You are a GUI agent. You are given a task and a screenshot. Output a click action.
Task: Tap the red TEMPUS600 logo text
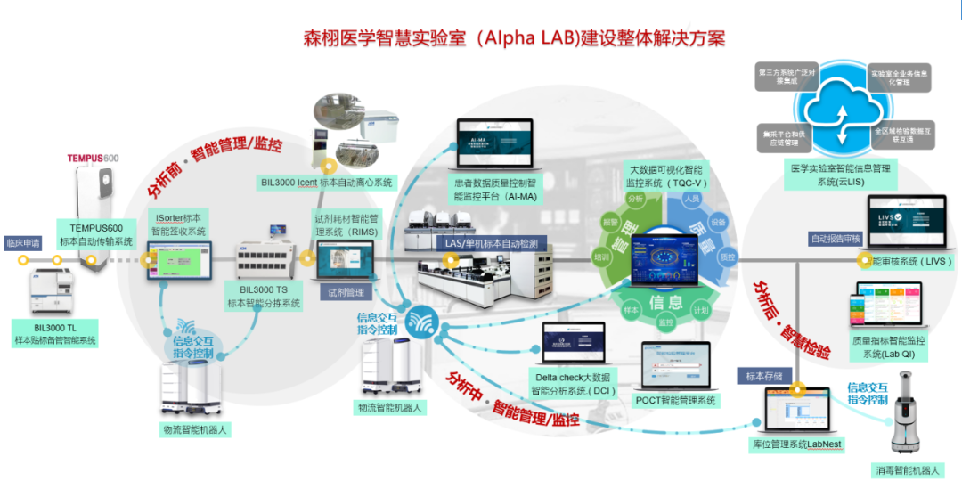point(93,159)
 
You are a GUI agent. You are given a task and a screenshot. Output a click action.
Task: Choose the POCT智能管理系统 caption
point(675,401)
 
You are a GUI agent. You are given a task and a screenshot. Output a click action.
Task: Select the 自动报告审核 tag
point(835,239)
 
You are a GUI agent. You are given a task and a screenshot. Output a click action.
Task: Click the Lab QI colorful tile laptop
point(888,304)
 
